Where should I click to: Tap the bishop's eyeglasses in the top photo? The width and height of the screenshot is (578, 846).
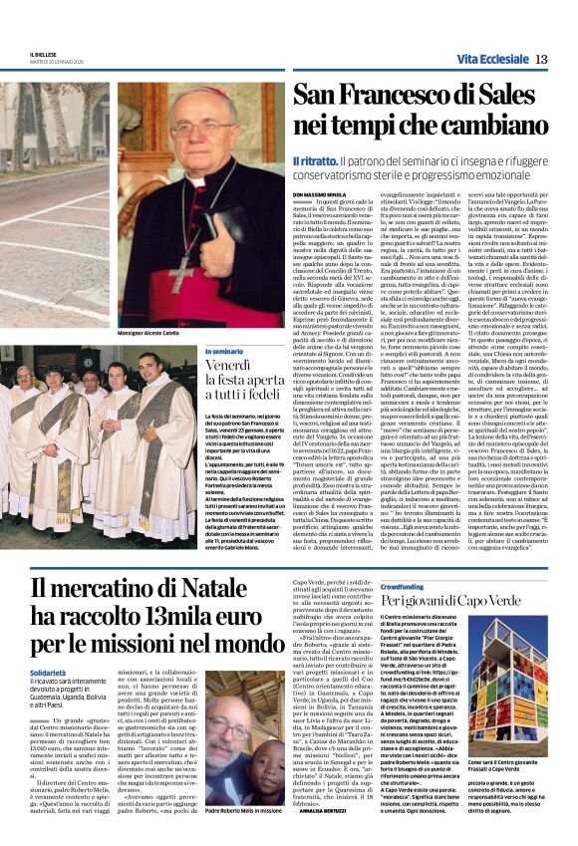coord(202,128)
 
